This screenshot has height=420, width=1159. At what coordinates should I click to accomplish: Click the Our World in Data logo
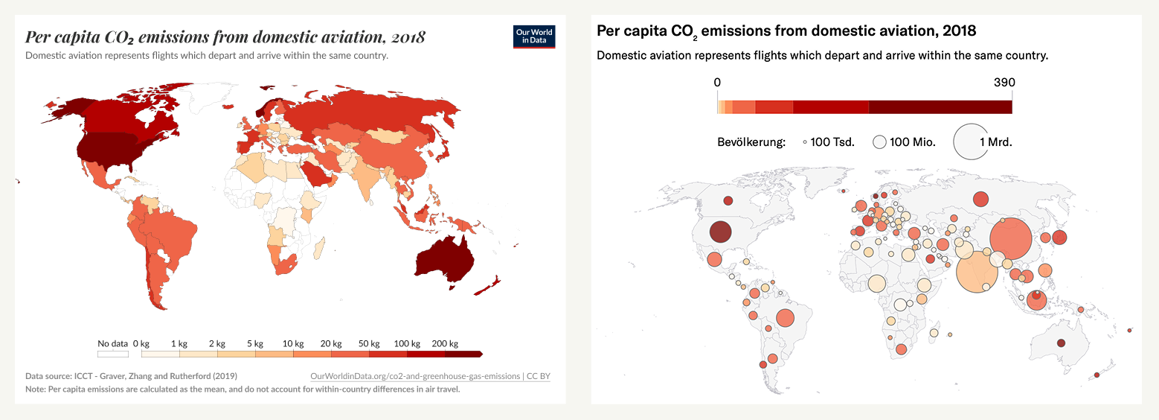(x=535, y=37)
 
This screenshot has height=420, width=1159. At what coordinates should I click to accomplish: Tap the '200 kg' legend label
(x=445, y=343)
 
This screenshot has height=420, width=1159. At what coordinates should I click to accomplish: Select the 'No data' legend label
(x=113, y=343)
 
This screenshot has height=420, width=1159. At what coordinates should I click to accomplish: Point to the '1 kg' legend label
(x=179, y=343)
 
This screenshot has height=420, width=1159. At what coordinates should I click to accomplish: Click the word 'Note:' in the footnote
(x=36, y=389)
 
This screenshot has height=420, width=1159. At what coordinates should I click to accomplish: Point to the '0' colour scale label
(x=717, y=83)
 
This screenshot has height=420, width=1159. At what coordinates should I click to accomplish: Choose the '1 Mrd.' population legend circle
(x=971, y=141)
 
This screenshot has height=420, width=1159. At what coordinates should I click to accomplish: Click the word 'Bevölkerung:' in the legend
(x=751, y=141)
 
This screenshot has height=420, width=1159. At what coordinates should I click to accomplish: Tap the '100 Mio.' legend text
(x=914, y=141)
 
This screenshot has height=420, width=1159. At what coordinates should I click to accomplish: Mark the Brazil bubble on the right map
(x=785, y=319)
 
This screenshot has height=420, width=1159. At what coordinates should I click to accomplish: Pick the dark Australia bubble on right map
(x=1062, y=343)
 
